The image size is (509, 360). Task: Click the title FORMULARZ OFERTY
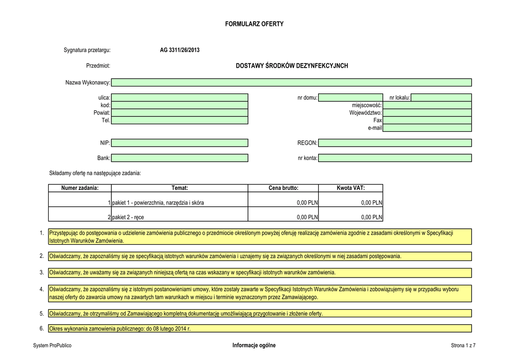point(254,24)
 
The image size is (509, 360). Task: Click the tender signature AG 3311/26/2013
point(179,50)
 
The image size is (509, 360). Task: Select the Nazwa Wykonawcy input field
point(291,83)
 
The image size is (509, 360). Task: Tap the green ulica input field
point(179,98)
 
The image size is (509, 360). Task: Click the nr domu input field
point(350,98)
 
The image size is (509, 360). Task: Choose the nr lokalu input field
point(441,98)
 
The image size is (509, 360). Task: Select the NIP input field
point(179,143)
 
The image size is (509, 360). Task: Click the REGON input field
point(395,143)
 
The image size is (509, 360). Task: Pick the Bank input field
point(179,158)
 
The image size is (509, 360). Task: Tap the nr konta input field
point(395,158)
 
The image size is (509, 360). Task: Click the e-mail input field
point(427,128)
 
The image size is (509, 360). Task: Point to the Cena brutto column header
point(283,188)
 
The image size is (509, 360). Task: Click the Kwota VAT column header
point(350,188)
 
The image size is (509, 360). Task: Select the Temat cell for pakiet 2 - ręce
point(179,217)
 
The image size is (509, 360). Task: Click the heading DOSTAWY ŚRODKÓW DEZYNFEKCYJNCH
point(292,66)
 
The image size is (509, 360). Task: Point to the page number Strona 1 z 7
point(463,346)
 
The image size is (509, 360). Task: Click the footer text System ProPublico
point(52,346)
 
